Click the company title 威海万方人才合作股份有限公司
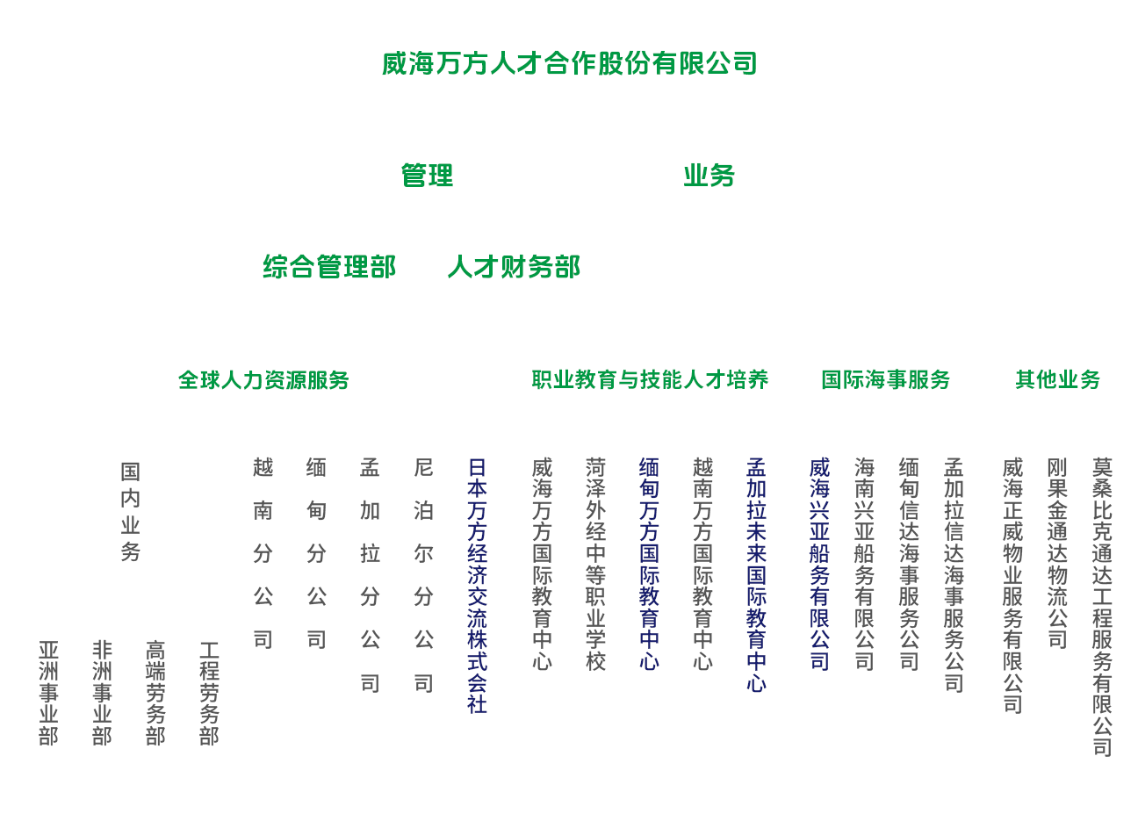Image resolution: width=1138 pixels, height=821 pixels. tap(569, 64)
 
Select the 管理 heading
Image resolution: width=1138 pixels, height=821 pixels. tap(427, 176)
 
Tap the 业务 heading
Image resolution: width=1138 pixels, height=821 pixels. tap(709, 176)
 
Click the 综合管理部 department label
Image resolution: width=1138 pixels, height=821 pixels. tap(329, 267)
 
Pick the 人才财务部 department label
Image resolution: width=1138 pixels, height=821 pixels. tap(514, 267)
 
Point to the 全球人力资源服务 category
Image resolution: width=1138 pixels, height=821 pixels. tap(263, 380)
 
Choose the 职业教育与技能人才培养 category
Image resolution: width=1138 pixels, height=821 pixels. tap(650, 379)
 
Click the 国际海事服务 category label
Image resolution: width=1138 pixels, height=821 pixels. tap(885, 379)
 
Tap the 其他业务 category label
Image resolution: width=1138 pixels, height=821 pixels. tap(1057, 379)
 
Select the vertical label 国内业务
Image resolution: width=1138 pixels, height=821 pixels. tap(130, 512)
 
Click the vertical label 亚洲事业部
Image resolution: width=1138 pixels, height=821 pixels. tap(48, 693)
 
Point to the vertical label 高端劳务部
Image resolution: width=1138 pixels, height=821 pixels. tap(155, 693)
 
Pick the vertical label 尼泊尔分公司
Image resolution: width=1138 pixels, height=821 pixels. tap(423, 575)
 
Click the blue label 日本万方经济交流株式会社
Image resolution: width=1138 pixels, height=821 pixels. tap(477, 585)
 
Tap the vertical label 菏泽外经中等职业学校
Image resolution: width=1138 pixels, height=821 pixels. tap(595, 564)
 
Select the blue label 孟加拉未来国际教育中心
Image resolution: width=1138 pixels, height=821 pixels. tap(756, 574)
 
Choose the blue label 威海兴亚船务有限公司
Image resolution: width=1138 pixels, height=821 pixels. tap(819, 564)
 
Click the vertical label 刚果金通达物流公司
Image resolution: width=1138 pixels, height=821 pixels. tap(1057, 553)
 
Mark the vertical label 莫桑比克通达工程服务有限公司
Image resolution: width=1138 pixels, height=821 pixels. tap(1102, 607)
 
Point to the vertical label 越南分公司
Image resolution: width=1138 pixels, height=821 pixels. tap(263, 553)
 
